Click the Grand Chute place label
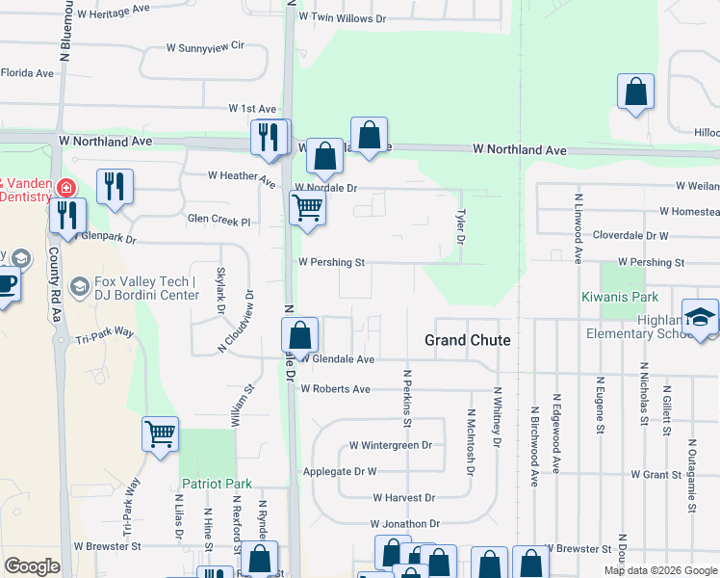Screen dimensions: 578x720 [x=468, y=341]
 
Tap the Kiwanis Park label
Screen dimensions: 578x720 [x=621, y=298]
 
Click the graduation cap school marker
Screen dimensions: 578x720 [x=700, y=318]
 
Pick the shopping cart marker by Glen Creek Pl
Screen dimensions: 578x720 [x=307, y=207]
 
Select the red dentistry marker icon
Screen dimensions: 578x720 [x=66, y=187]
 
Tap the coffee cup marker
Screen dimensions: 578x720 [x=5, y=287]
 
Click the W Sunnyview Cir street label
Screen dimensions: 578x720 [x=206, y=46]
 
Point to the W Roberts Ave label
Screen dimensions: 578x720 [x=335, y=389]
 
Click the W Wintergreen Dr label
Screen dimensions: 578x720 [x=390, y=445]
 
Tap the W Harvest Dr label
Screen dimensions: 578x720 [x=403, y=497]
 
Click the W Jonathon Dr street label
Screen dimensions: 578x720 [x=407, y=523]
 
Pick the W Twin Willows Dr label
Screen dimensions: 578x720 [x=342, y=17]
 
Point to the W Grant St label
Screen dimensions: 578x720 [x=656, y=474]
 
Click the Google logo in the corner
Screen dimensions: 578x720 [x=32, y=566]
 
